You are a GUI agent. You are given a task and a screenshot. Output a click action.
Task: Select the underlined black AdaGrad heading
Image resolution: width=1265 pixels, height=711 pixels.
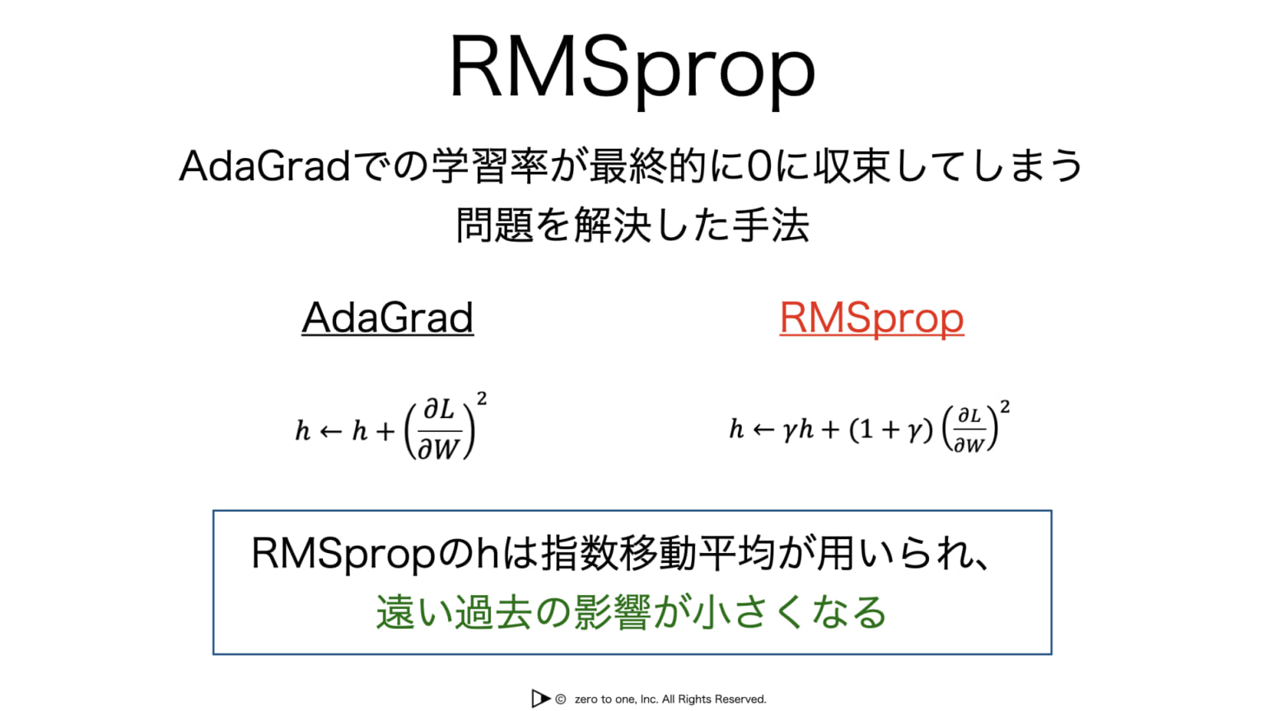pos(387,318)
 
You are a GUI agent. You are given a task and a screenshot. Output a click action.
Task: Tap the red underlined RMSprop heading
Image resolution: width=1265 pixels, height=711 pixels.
pos(871,318)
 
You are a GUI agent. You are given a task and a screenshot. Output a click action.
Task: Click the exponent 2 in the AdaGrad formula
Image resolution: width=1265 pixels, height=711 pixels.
pos(482,399)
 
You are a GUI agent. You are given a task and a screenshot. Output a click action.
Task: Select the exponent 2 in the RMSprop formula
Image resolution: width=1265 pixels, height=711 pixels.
pos(1005,407)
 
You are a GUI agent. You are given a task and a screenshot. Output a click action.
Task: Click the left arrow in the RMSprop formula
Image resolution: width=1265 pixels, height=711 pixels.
pos(763,430)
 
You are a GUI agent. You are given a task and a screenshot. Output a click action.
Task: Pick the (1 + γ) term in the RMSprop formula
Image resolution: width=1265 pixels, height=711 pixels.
pos(891,430)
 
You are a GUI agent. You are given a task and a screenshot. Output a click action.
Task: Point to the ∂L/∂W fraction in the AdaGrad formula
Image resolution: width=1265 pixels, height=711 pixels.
pos(439,430)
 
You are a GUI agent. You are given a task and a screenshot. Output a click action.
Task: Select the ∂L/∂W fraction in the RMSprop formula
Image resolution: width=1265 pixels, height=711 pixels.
pos(969,430)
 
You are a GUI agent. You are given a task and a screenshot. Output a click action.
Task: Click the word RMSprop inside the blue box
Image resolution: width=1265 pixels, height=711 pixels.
pos(343,554)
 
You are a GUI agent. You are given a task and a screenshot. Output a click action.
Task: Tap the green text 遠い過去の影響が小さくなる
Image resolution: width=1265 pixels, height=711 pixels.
pos(631,612)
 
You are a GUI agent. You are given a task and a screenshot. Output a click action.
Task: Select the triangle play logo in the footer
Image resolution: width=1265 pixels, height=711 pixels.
pos(540,699)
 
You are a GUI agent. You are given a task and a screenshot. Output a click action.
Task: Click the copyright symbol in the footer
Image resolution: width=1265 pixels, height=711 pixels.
pos(561,699)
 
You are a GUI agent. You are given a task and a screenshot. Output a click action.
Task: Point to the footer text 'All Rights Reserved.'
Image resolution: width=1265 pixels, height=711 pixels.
pos(714,699)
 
